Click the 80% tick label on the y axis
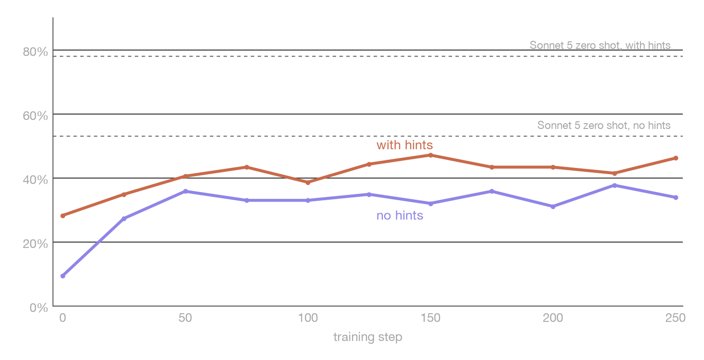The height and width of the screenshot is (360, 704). click(x=35, y=52)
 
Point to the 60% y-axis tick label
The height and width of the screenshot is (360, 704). click(x=35, y=116)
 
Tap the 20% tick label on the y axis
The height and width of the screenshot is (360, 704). click(x=35, y=244)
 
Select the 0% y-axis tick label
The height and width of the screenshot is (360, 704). click(x=39, y=308)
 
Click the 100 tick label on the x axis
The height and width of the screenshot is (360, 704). click(x=308, y=318)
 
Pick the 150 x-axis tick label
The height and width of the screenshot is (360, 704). click(x=430, y=318)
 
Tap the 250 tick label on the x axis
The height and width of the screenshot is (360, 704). click(x=676, y=318)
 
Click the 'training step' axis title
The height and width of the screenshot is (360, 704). click(x=368, y=337)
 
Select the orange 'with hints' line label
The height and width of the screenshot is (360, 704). click(x=404, y=145)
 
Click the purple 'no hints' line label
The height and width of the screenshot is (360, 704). click(x=400, y=216)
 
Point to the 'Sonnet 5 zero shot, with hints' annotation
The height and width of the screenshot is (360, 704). click(x=600, y=45)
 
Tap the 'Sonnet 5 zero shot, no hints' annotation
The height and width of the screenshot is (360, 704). click(x=604, y=125)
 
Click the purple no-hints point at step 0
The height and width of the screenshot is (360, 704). click(x=63, y=276)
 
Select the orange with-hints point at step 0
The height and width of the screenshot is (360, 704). click(x=63, y=216)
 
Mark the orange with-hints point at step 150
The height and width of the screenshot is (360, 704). click(x=430, y=155)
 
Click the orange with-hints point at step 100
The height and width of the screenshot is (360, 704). click(x=308, y=182)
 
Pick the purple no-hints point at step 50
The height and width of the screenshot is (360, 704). click(x=185, y=191)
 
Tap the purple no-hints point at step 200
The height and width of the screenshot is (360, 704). click(x=553, y=206)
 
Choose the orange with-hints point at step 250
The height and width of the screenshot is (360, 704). click(x=676, y=158)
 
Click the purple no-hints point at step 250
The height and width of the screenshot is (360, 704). click(x=676, y=198)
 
